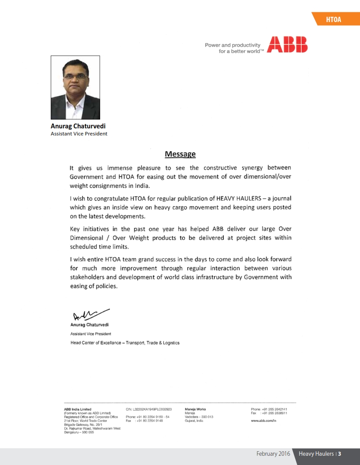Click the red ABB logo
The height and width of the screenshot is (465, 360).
pos(288,45)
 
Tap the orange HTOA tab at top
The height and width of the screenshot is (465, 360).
pos(334,19)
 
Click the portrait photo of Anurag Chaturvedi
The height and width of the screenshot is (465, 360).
pos(75,87)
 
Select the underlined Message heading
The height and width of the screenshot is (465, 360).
pos(180,154)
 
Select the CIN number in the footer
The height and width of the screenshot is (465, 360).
pos(149,409)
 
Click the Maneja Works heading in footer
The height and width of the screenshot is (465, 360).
pos(195,409)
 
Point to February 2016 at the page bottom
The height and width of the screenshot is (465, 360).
pos(273,454)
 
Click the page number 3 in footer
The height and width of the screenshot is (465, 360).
pos(340,454)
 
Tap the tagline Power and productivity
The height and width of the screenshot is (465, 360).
pos(232,45)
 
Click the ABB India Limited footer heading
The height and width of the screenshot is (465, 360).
pos(78,409)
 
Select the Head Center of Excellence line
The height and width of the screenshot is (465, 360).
pos(125,343)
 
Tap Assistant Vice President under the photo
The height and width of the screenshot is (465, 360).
pos(79,134)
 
